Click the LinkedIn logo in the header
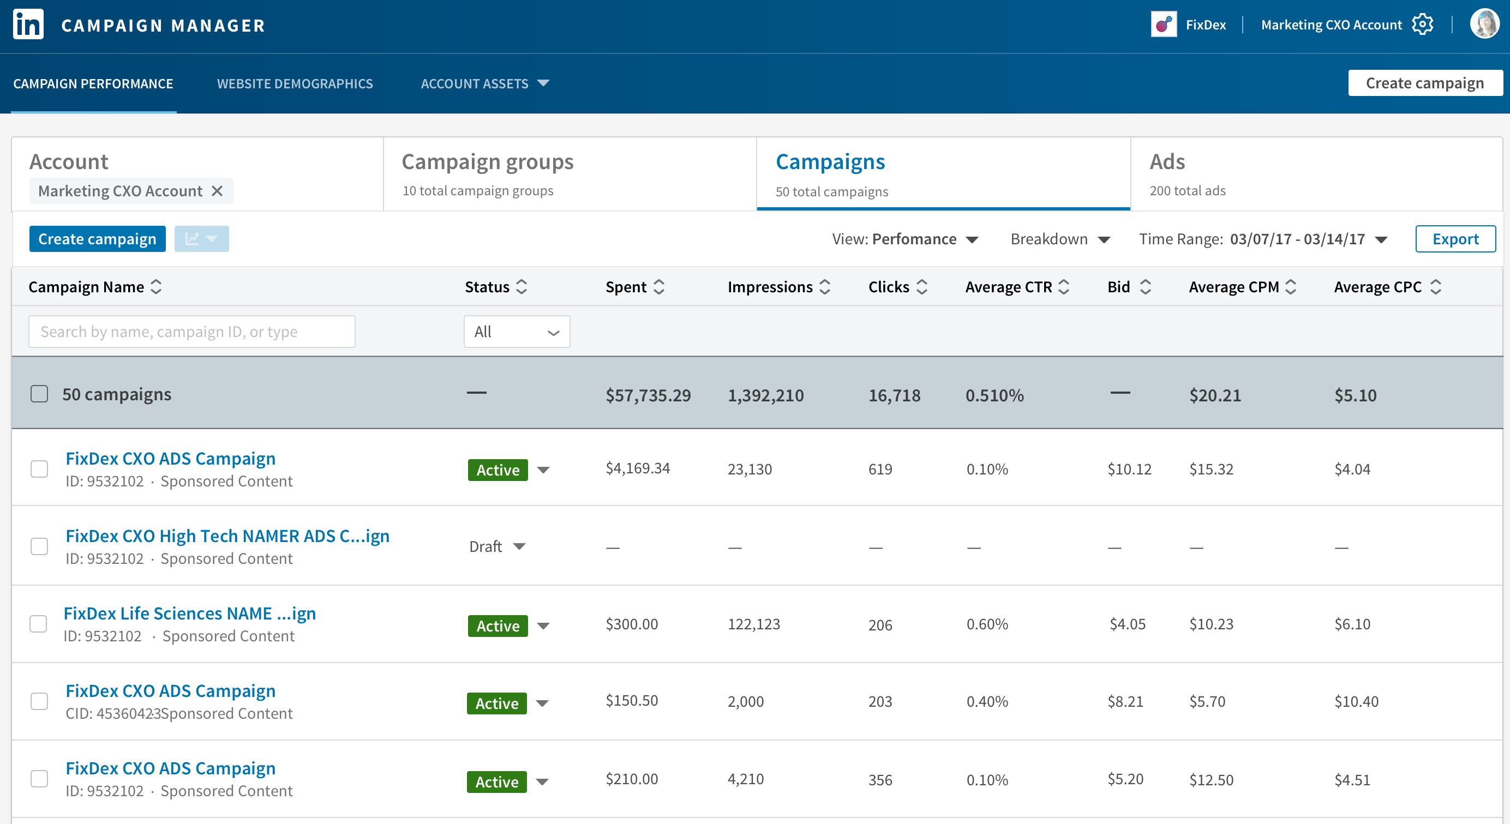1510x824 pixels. click(28, 25)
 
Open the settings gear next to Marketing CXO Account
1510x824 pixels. click(1423, 25)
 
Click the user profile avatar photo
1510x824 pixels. click(1484, 24)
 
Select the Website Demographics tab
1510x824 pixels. click(295, 84)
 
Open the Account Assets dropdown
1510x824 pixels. click(485, 84)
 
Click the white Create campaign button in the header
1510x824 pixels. click(1424, 83)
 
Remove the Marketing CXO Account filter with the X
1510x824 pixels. click(217, 191)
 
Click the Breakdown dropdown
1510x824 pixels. click(1060, 239)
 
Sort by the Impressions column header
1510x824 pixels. click(778, 287)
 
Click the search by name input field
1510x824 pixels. click(191, 332)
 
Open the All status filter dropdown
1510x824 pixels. click(517, 332)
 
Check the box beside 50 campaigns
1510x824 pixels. click(39, 394)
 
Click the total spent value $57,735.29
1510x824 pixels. click(648, 395)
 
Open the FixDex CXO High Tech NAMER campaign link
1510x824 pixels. click(227, 536)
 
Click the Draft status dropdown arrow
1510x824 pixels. click(519, 547)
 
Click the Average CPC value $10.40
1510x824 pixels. click(1356, 701)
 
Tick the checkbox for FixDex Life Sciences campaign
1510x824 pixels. click(39, 624)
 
